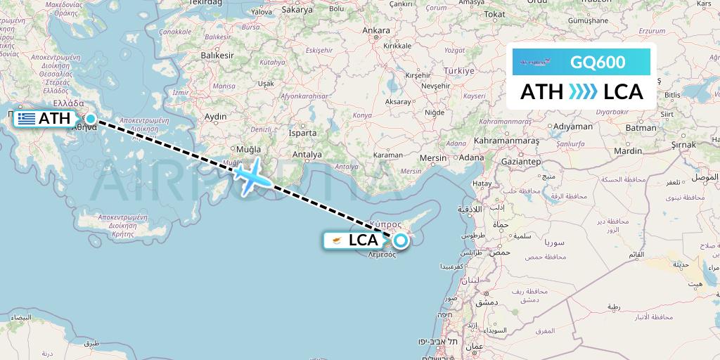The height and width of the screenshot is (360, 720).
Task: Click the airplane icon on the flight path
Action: [250, 176]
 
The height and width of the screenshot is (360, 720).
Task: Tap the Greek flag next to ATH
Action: [27, 119]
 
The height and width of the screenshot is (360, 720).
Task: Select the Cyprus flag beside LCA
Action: [338, 240]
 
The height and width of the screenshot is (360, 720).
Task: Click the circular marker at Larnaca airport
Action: [400, 241]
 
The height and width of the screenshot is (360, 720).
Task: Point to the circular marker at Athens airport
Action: [91, 118]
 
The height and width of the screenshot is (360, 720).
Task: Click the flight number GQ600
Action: [597, 62]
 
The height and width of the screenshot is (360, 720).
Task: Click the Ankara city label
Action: [375, 31]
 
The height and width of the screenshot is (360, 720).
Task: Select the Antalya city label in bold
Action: [307, 155]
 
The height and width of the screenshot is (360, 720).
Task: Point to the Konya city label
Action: [362, 115]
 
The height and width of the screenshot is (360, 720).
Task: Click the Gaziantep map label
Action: [521, 162]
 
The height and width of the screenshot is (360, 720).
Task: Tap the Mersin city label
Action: [432, 157]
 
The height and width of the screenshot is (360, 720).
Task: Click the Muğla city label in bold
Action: [250, 149]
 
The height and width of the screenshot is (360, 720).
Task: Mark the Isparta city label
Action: [303, 132]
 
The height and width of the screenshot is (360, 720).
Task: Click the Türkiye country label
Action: [458, 71]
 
